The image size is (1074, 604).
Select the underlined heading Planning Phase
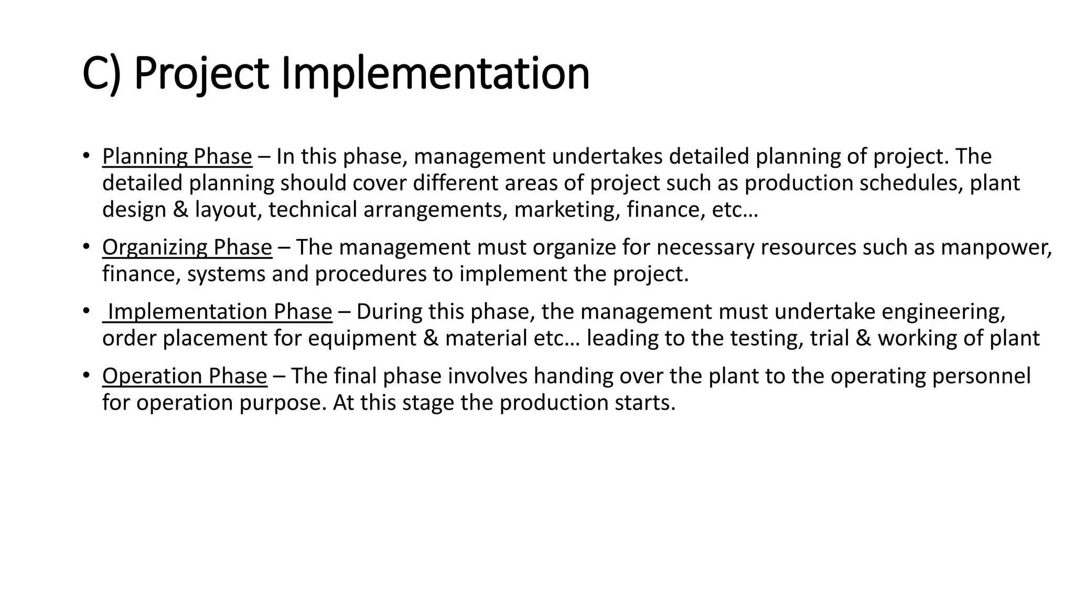pos(177,157)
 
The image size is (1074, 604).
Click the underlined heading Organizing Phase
pos(187,247)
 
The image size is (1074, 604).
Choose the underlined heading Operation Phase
pos(185,376)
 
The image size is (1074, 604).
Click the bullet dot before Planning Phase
pos(86,156)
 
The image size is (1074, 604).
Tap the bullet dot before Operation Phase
pos(86,376)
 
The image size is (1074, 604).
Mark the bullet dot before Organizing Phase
pos(86,247)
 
